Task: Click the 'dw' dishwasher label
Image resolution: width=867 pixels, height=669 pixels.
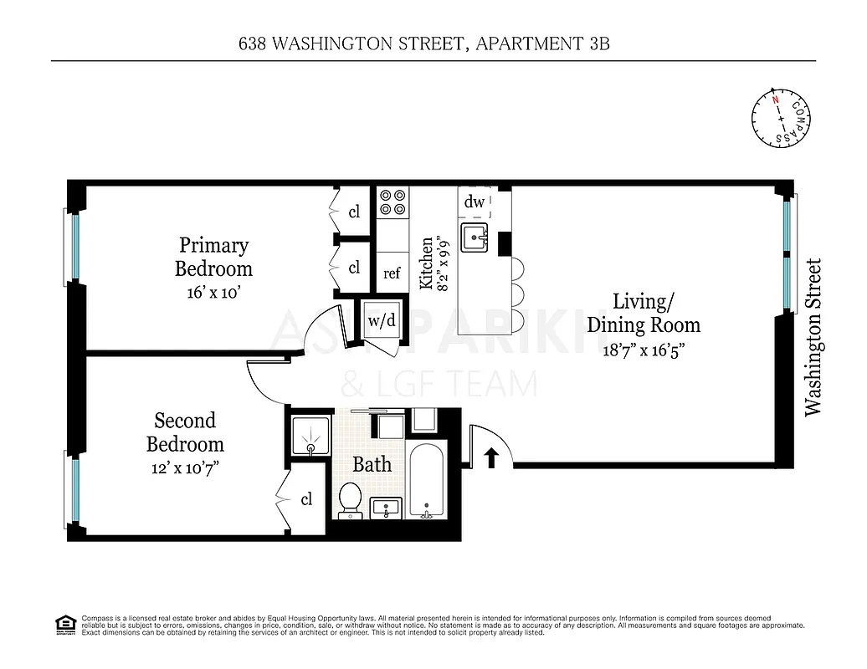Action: coord(475,202)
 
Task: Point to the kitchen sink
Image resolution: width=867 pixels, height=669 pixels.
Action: coord(475,237)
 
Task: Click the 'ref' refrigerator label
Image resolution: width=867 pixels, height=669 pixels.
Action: coord(392,273)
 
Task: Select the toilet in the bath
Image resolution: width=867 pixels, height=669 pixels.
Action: coord(350,501)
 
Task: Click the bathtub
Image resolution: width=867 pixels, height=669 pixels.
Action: coord(426,481)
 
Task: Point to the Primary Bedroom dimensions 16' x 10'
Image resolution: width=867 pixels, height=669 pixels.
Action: coord(213,294)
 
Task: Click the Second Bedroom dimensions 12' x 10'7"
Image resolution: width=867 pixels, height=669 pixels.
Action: coord(185,469)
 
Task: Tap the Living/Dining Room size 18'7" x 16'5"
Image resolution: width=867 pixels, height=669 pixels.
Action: coord(643,350)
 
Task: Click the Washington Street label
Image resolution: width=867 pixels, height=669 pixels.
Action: coord(813,337)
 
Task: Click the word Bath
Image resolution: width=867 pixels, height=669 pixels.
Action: coord(372,464)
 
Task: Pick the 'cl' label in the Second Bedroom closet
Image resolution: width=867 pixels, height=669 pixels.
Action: coord(306,499)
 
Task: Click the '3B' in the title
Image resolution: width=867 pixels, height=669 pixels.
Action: coord(598,43)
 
